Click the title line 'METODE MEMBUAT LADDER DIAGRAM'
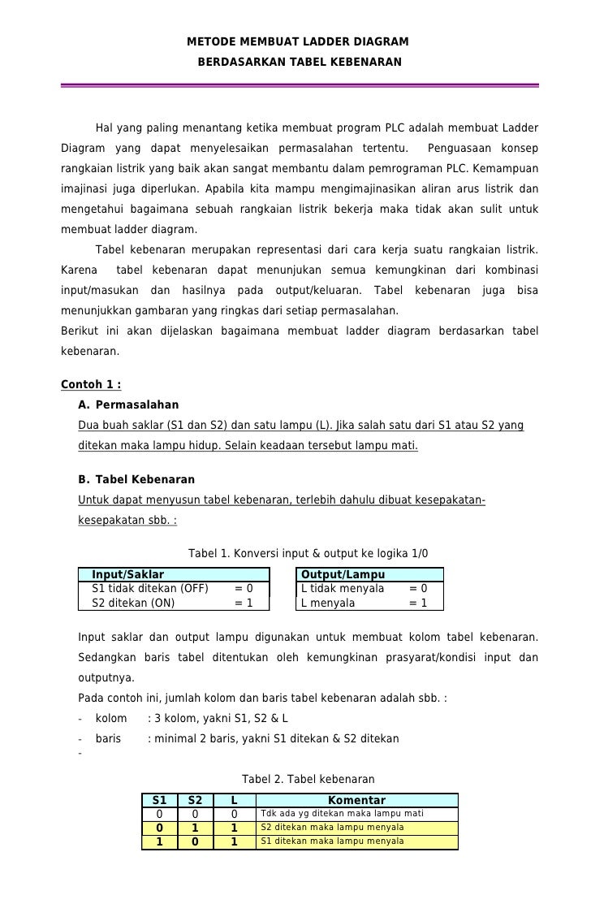click(298, 41)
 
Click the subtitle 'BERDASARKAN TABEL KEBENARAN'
click(299, 62)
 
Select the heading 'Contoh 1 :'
click(91, 384)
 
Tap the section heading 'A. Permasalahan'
click(128, 404)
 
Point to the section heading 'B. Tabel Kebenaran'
click(136, 479)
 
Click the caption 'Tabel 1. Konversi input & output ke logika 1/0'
click(308, 554)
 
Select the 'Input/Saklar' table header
click(127, 575)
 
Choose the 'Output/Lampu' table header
click(343, 575)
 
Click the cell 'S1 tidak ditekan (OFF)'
click(150, 589)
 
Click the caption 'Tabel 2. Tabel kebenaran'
click(308, 778)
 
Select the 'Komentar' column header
click(356, 800)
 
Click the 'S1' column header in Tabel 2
click(160, 800)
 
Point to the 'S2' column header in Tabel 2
click(195, 800)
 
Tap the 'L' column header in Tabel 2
click(234, 800)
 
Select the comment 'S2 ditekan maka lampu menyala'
click(332, 828)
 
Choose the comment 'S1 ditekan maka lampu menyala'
click(332, 841)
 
